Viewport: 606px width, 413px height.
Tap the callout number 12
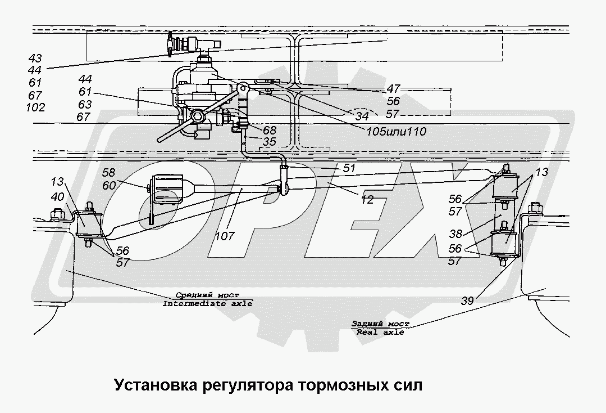point(367,199)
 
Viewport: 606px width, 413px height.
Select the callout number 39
point(467,301)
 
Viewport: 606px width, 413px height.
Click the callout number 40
point(57,197)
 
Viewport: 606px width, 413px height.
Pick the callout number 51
point(350,168)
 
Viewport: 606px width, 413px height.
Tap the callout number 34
point(362,116)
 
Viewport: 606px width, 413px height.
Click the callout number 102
point(35,107)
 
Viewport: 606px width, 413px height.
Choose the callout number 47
point(393,89)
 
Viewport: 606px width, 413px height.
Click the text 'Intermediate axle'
point(207,303)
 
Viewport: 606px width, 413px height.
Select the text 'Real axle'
point(380,332)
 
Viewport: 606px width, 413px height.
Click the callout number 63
point(85,104)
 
